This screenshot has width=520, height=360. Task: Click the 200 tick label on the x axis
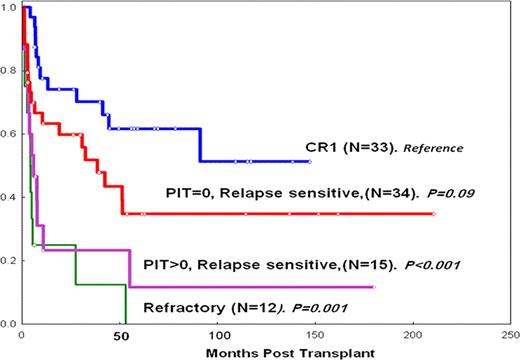pyautogui.click(x=413, y=334)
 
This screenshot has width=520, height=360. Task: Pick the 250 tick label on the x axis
pyautogui.click(x=509, y=334)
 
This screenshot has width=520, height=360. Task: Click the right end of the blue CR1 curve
pyautogui.click(x=309, y=161)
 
